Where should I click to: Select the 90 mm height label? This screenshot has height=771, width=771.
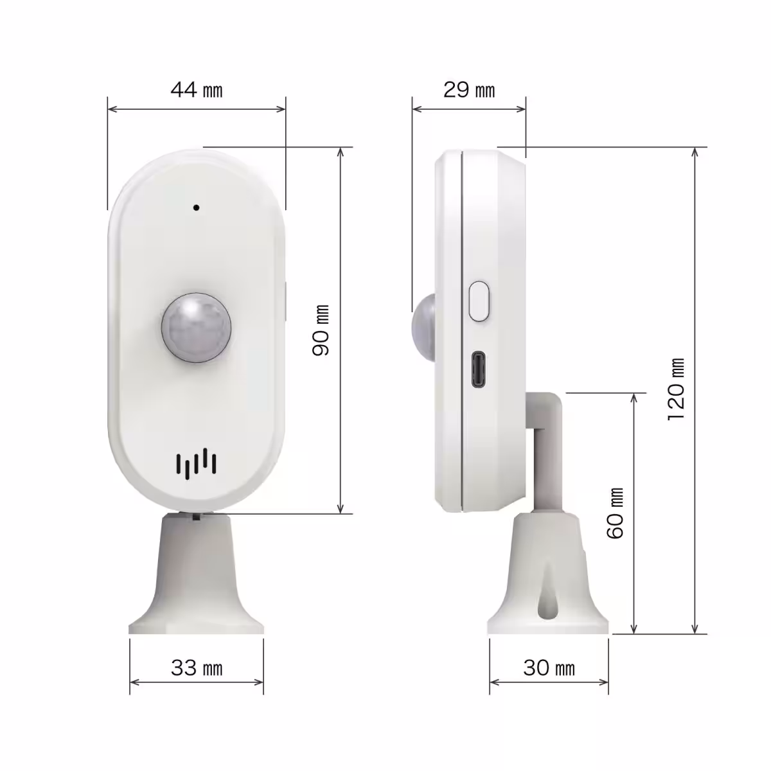coord(321,330)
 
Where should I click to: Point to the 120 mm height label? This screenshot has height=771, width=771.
coord(676,389)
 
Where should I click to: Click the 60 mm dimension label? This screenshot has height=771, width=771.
coord(615,513)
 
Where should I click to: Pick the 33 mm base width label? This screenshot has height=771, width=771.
coord(197,668)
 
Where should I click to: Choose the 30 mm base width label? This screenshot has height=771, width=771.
coord(549,668)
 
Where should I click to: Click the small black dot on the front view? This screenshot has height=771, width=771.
coord(196,208)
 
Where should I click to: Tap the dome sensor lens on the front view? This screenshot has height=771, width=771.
coord(196,328)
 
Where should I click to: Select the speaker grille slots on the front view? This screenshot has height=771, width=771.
coord(196,464)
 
